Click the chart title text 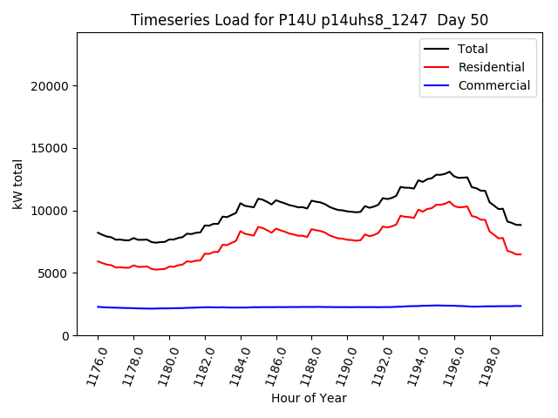(x=310, y=20)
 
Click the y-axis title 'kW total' (x=18, y=184)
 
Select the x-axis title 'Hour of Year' (x=309, y=398)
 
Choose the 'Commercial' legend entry (x=493, y=85)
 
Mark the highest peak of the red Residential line (x=450, y=202)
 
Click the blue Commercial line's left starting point (x=98, y=307)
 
